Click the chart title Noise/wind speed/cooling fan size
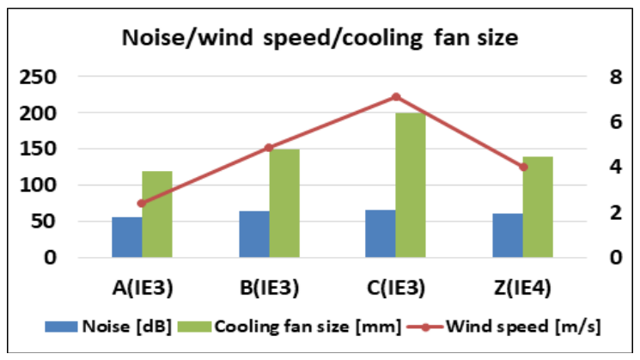pos(319,39)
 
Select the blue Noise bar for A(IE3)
pos(126,237)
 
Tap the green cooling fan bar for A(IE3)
pos(157,214)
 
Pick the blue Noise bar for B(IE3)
pos(253,234)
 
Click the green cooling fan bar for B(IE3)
pos(284,204)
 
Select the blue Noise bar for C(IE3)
pos(381,234)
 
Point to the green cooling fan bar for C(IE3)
pos(411,186)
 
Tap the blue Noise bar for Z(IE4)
pos(508,235)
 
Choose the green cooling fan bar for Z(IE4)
pos(539,207)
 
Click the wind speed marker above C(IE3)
pos(396,97)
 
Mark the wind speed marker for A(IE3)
pos(142,204)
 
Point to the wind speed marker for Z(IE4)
pos(523,167)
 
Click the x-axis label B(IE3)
pos(269,288)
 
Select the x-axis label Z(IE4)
pos(523,288)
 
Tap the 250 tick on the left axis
pos(39,77)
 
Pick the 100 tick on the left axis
pos(39,186)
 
